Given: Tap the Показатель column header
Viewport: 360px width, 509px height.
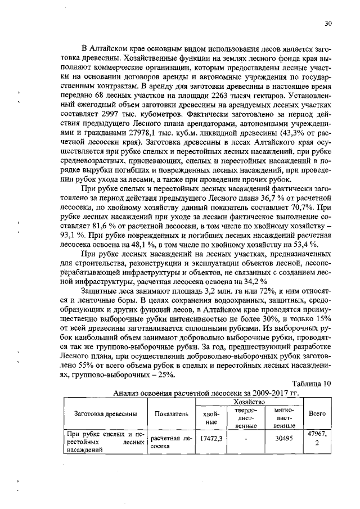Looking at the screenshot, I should tap(171, 414).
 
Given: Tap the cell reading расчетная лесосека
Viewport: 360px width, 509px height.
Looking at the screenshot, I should tap(171, 442).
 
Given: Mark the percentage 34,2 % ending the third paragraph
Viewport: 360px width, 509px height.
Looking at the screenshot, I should tap(254, 280).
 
